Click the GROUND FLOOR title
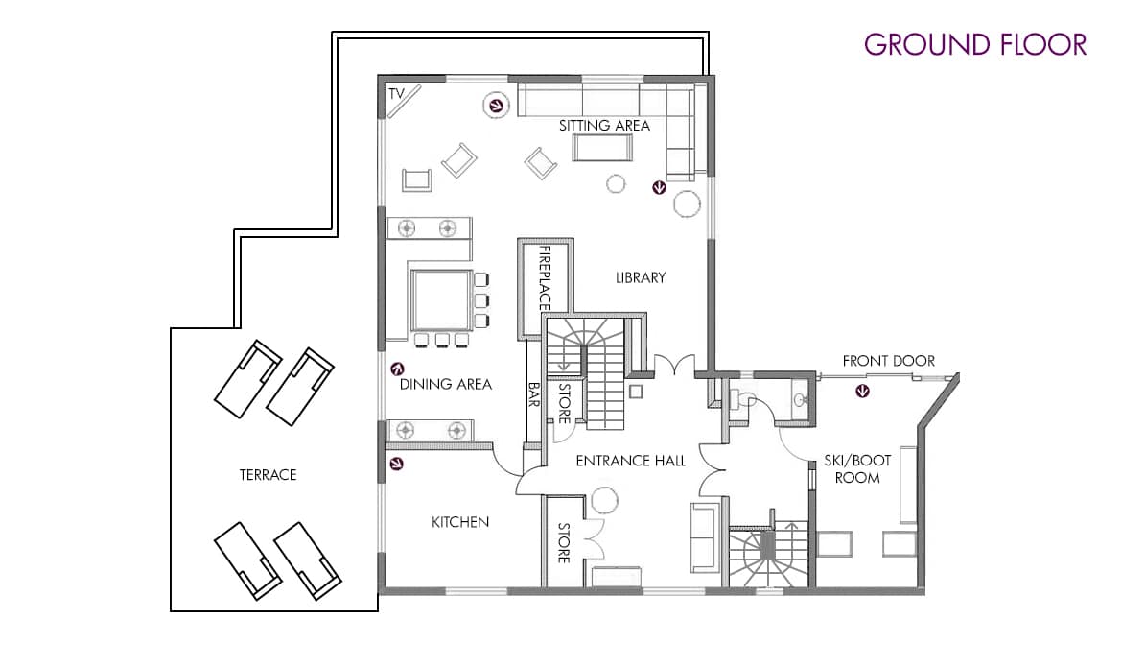975,44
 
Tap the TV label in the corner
396,93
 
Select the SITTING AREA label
604,126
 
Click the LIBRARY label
641,277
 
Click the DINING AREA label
445,384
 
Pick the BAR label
534,394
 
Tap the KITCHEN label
460,522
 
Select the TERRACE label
268,474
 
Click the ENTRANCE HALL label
630,461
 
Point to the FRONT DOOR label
888,360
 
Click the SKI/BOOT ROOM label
857,468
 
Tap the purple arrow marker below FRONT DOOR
864,392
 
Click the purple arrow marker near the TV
496,106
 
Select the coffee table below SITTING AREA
602,148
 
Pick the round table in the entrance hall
605,500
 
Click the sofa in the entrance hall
704,538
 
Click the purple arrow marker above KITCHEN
396,465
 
